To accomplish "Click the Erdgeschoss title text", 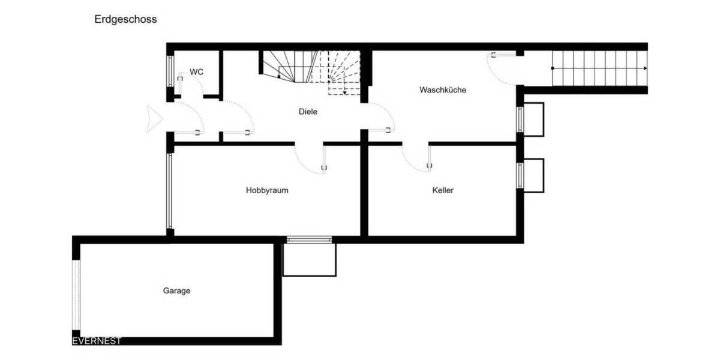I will click(125, 19).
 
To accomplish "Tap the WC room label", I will click(197, 72).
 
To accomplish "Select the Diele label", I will click(308, 112).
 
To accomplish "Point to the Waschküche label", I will click(443, 90).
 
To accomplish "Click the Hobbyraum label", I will click(267, 190).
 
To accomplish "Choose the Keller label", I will click(443, 190).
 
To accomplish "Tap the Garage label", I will click(176, 290).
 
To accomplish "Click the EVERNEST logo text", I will click(97, 341).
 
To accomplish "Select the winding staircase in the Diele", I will click(312, 71).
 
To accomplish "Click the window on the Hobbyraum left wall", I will click(170, 191).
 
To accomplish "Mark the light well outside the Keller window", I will click(533, 175).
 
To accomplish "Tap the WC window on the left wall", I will click(170, 71).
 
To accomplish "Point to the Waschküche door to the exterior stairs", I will click(503, 67).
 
